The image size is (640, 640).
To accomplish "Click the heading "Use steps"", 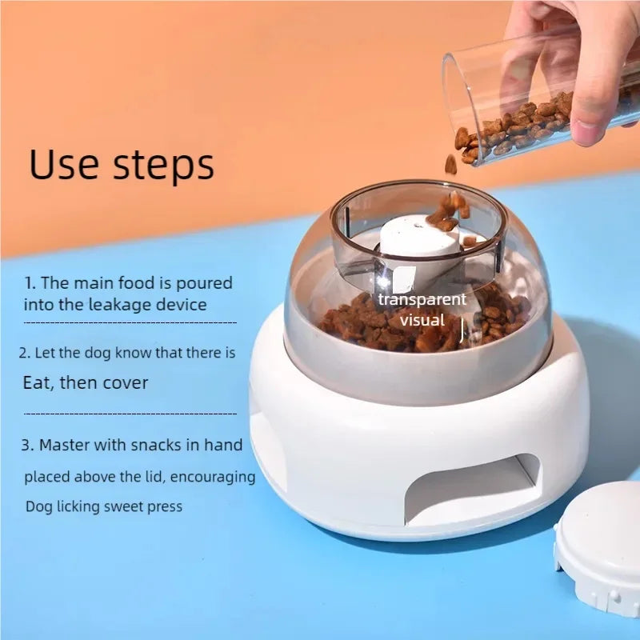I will (x=122, y=164).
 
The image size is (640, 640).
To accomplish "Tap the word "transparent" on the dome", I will (x=422, y=300).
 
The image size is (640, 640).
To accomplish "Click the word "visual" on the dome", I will (x=422, y=320).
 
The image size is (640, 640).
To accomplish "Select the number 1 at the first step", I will (x=29, y=283).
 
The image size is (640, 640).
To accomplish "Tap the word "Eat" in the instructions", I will (x=38, y=382).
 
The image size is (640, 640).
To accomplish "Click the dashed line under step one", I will (x=130, y=323).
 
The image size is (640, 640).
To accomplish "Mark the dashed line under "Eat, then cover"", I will (x=130, y=414).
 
